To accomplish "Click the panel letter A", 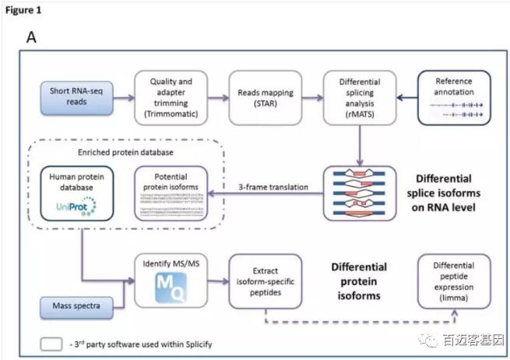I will pos(33,37).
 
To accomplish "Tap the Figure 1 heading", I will pos(23,10).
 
